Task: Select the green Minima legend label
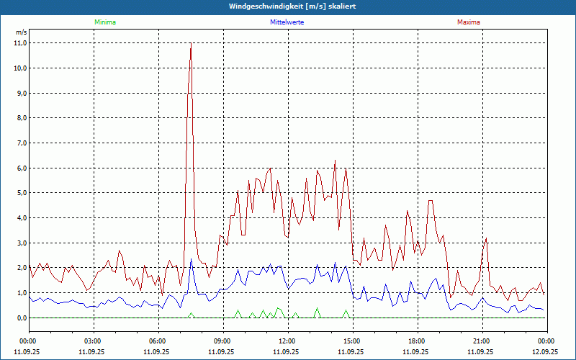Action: click(104, 22)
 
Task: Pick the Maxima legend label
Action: click(468, 22)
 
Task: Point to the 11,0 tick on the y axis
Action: click(20, 43)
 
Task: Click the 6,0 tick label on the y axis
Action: click(20, 168)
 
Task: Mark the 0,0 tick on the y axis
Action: click(20, 318)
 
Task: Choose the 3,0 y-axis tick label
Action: click(20, 243)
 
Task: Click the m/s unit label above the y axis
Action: click(21, 32)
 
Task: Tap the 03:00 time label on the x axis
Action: click(93, 341)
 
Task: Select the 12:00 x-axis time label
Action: click(287, 341)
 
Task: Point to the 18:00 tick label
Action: click(417, 341)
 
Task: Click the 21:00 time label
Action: click(482, 341)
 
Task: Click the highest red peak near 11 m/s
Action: click(191, 45)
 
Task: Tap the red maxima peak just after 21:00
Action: click(487, 238)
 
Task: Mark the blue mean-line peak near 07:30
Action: click(191, 260)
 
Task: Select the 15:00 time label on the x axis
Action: click(352, 341)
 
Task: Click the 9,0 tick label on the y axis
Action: click(20, 94)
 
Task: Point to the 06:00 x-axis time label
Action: click(158, 341)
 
